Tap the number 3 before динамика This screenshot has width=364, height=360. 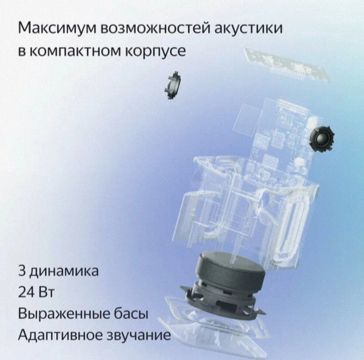pyautogui.click(x=22, y=272)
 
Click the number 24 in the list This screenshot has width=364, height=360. pyautogui.click(x=25, y=293)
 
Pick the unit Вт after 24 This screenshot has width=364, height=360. pyautogui.click(x=45, y=293)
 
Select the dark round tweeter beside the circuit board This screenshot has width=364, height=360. pyautogui.click(x=322, y=138)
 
